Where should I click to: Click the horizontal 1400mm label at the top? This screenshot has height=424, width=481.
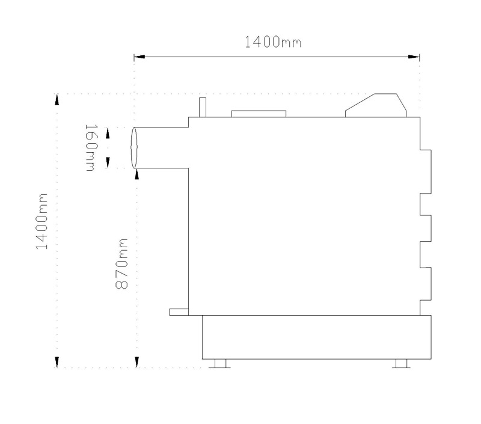[x=273, y=42]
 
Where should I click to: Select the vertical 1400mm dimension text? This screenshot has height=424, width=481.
[x=41, y=221]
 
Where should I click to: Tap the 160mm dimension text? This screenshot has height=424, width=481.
[x=91, y=147]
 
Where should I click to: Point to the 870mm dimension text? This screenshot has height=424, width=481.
[x=121, y=264]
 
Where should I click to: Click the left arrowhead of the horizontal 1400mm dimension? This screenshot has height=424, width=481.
[x=139, y=57]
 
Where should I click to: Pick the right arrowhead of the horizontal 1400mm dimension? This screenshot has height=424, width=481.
[x=414, y=57]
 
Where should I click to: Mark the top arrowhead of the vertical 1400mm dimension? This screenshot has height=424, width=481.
[x=57, y=100]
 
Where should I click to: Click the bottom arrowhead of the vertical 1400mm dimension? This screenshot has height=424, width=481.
[x=57, y=362]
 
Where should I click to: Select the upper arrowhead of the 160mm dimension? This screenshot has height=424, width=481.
[x=108, y=133]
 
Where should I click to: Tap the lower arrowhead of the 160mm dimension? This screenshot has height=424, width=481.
[x=108, y=162]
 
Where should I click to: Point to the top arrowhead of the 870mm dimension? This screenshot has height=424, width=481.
[x=137, y=174]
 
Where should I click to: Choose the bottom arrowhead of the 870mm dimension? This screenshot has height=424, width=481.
[x=137, y=362]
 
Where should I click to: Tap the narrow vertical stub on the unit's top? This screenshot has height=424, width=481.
[x=203, y=108]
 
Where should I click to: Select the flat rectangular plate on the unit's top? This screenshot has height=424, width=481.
[x=259, y=114]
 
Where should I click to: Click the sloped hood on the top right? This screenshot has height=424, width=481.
[x=376, y=105]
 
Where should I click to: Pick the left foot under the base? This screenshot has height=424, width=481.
[x=220, y=364]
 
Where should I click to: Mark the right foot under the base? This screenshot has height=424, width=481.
[x=401, y=364]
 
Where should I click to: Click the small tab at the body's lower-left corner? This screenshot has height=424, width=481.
[x=179, y=312]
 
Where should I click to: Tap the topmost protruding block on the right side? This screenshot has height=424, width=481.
[x=426, y=172]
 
